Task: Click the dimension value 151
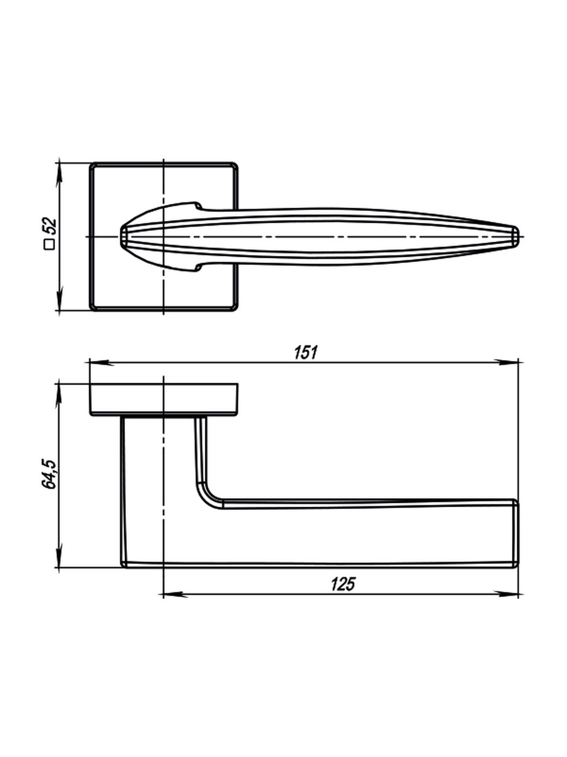(306, 353)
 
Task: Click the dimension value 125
(342, 585)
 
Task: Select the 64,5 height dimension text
(49, 474)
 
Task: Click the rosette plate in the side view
(162, 399)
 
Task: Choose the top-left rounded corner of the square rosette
(93, 165)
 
